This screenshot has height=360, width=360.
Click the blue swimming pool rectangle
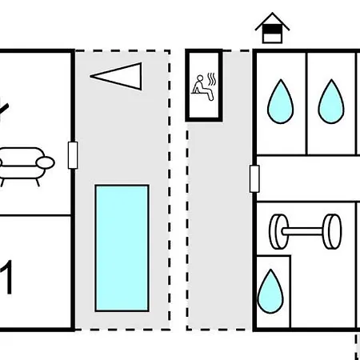[122, 248]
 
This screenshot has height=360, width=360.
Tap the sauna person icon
[202, 88]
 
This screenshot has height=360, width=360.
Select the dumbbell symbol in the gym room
[306, 231]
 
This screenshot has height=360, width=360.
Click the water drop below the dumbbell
[270, 291]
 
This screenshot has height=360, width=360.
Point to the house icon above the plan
[272, 28]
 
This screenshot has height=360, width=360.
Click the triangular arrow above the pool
[116, 76]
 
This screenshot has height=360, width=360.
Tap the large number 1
[6, 277]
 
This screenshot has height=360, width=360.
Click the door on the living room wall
[73, 155]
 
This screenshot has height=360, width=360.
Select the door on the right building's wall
[254, 178]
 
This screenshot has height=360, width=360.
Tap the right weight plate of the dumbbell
[332, 231]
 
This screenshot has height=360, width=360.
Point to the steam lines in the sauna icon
[212, 79]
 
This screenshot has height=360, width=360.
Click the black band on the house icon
[272, 29]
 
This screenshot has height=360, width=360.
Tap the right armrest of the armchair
[45, 162]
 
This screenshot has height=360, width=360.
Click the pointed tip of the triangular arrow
[90, 76]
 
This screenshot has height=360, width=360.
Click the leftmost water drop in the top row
[281, 102]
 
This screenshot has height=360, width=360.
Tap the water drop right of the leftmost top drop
[331, 102]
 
